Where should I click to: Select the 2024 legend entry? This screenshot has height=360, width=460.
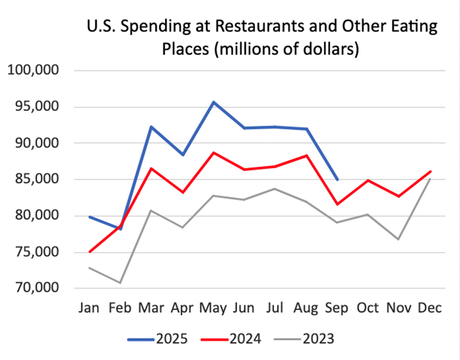coord(231,339)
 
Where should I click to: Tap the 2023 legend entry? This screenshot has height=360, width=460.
coord(305,339)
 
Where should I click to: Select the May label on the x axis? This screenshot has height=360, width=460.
coord(214,308)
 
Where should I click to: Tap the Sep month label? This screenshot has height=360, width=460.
coord(337,308)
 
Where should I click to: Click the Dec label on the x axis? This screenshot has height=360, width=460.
coord(430,308)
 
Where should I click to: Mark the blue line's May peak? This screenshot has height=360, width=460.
coord(214,102)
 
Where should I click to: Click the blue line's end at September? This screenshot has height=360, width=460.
coord(337,179)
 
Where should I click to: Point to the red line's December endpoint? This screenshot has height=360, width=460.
coord(430,171)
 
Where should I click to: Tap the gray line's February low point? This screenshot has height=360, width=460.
coord(120,283)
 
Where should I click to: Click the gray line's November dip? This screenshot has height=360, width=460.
coord(399,239)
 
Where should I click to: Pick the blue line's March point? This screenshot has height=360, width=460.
coord(151,126)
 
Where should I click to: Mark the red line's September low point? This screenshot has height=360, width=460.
coord(337,204)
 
